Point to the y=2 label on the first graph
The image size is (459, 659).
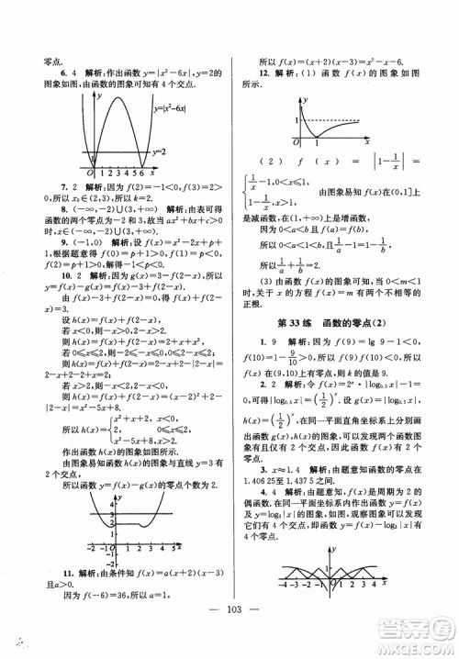point(195,152)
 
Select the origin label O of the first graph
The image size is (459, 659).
point(88,173)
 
